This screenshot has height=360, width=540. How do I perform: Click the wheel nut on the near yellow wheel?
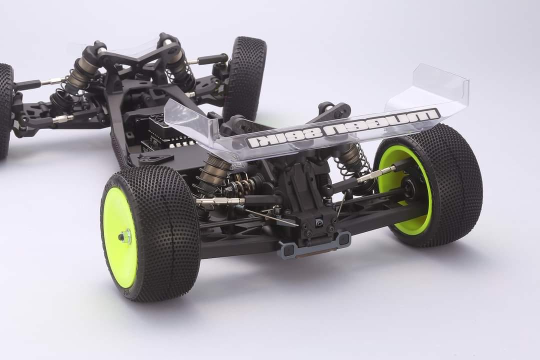[124, 236]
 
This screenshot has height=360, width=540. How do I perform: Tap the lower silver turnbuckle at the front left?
[62, 119]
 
